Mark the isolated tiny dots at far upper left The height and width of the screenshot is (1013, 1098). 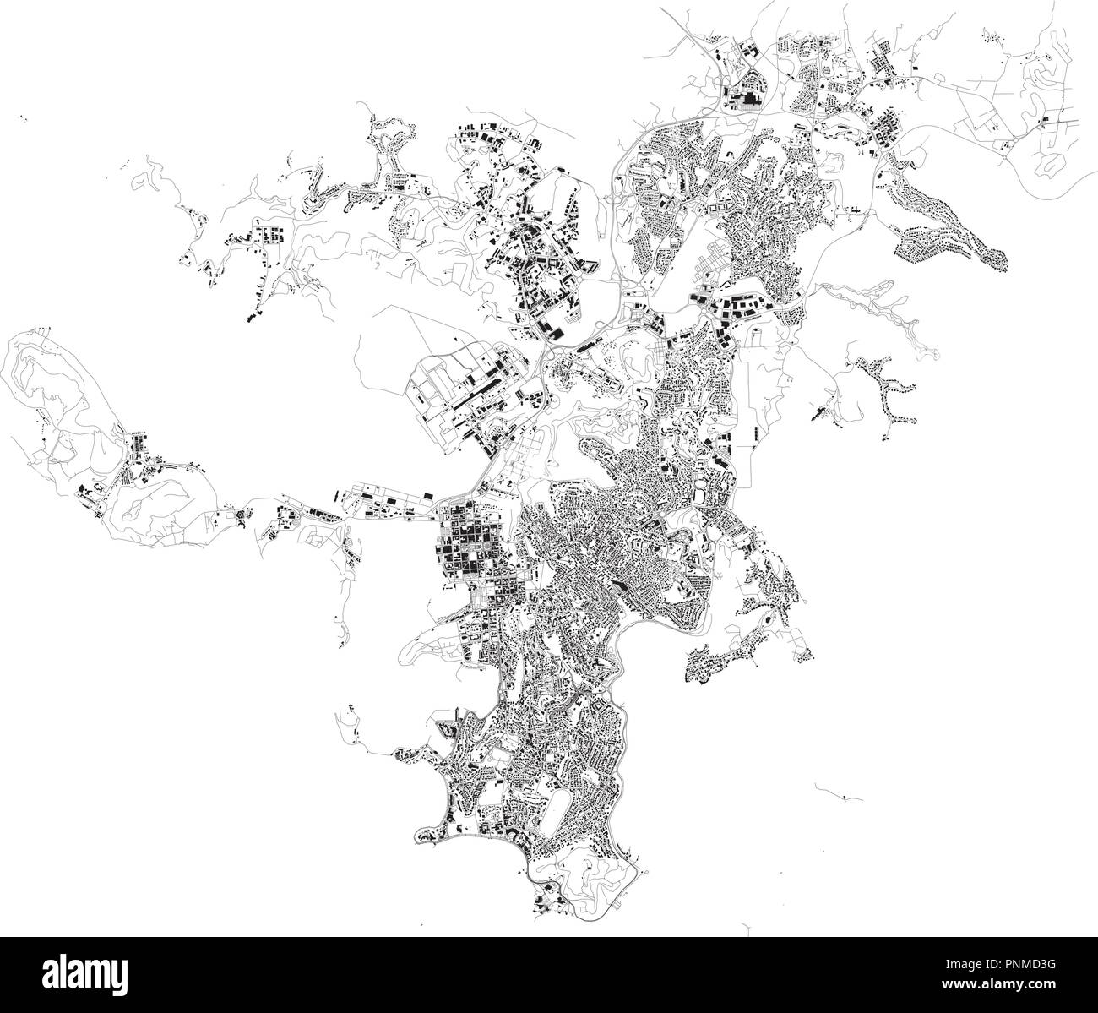(x=23, y=120)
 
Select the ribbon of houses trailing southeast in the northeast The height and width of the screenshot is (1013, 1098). (x=954, y=228)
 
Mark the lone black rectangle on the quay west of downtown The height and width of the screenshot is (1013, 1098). (x=428, y=493)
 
